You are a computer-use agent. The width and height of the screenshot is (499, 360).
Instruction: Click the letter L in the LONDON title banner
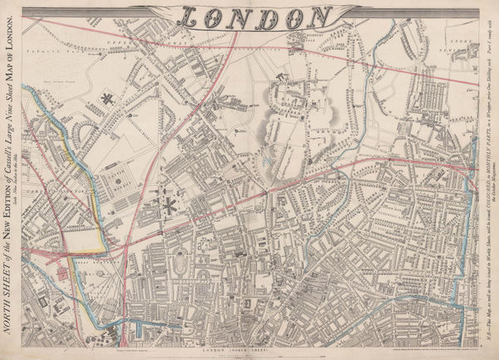190,17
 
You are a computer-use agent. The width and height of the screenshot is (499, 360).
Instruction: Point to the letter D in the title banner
264,17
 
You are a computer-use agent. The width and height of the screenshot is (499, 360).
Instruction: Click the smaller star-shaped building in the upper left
106,99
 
